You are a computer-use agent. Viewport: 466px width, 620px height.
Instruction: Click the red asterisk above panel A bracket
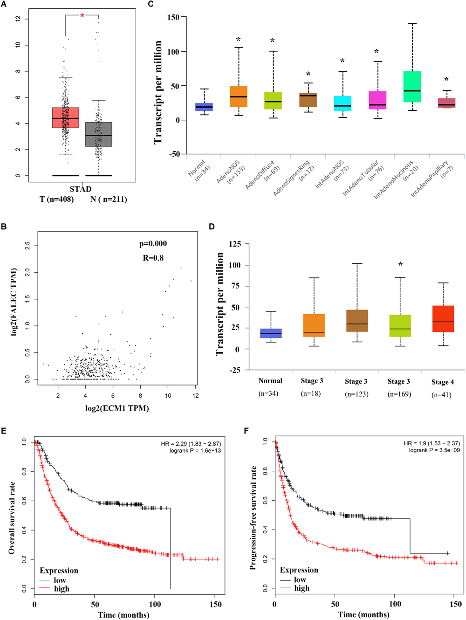(82, 16)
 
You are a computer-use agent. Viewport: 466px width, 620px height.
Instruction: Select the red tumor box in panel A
(66, 117)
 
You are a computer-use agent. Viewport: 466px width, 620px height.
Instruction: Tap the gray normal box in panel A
(99, 134)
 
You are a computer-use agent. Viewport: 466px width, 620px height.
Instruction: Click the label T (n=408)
(56, 199)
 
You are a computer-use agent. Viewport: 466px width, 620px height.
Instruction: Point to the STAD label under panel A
(81, 189)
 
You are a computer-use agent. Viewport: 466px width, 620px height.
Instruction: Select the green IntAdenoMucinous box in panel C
(412, 87)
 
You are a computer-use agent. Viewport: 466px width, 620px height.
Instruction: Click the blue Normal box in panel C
(204, 107)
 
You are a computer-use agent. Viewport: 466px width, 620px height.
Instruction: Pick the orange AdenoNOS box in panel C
(239, 96)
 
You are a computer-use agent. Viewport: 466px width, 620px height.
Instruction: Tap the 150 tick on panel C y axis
(173, 17)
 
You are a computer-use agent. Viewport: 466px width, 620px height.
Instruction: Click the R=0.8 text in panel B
(153, 258)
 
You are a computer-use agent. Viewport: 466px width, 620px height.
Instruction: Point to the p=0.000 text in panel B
(153, 243)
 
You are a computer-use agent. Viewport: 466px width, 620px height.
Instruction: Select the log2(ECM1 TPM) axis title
(117, 408)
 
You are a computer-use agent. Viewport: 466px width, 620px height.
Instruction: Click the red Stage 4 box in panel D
(443, 319)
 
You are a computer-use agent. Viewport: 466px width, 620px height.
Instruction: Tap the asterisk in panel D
(400, 265)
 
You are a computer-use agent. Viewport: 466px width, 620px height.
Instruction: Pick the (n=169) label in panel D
(399, 394)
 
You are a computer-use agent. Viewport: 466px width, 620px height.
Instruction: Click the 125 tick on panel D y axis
(235, 244)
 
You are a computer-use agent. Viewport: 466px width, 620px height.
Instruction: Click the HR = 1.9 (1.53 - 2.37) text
(432, 443)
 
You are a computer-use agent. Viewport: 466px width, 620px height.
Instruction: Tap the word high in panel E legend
(62, 589)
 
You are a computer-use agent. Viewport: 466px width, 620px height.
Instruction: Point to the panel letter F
(247, 430)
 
